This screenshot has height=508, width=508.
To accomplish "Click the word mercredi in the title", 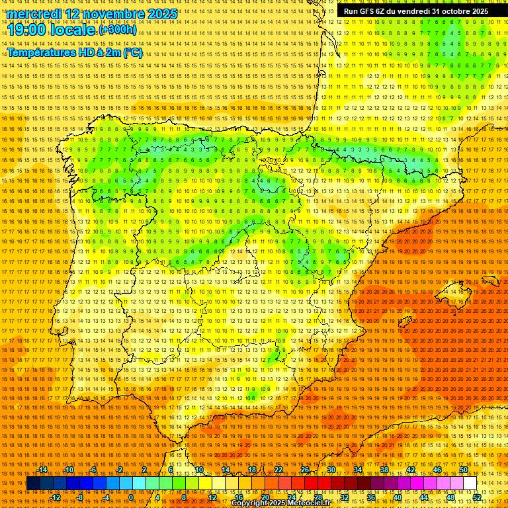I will (34, 14).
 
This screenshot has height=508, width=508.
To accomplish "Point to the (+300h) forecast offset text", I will (118, 30).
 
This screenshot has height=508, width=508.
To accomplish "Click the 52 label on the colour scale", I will (477, 497).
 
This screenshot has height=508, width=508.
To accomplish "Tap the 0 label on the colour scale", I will (132, 497).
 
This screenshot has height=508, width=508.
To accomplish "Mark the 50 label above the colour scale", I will (464, 470).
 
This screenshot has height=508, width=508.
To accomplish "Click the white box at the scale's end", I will (470, 484).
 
